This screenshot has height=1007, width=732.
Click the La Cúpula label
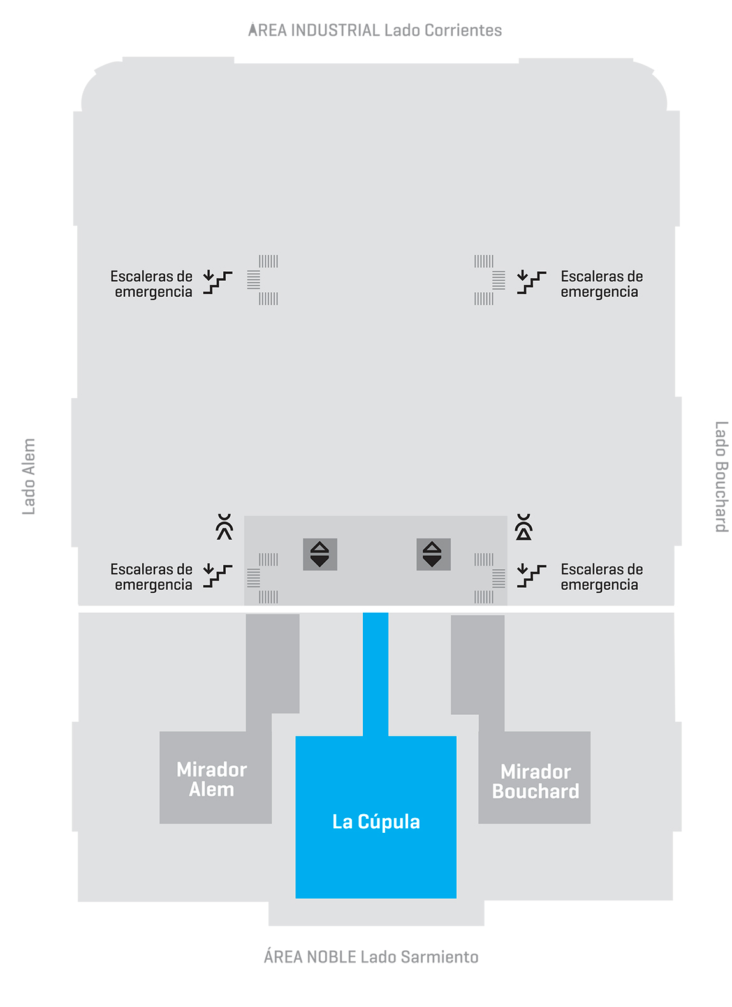[376, 822]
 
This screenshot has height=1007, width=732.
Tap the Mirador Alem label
[212, 779]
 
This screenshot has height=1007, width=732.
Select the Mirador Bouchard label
[536, 781]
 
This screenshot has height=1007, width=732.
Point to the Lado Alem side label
[29, 476]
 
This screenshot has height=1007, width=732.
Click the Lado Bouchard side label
[721, 476]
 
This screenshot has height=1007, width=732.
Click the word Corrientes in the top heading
[463, 30]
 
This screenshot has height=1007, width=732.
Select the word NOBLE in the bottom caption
[331, 957]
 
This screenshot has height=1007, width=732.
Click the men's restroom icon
[224, 527]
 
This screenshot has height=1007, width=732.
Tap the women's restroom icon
[523, 527]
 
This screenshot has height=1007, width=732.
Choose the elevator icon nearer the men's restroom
[320, 554]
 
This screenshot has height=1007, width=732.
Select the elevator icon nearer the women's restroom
[433, 554]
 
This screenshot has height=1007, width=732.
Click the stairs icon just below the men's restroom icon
[217, 575]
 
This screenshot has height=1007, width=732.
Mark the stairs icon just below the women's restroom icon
[531, 575]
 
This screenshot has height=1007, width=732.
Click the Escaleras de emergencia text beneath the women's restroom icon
[601, 577]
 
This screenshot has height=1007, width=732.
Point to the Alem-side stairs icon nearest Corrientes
[217, 282]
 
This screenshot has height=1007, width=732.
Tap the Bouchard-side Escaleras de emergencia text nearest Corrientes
[601, 284]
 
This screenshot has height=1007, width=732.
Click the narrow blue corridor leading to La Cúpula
[376, 673]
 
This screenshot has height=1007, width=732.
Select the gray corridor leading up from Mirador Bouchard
[478, 667]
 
